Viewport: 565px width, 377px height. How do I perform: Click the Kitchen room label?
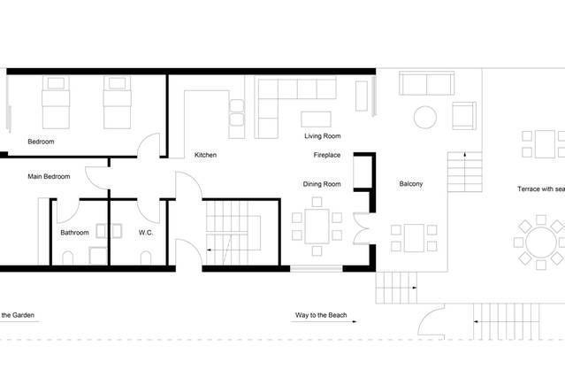point(205,155)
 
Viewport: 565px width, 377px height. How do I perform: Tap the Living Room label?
point(322,136)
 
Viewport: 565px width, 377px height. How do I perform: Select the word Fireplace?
point(327,155)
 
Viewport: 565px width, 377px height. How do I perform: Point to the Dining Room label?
point(322,184)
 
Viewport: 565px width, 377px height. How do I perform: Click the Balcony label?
point(411,183)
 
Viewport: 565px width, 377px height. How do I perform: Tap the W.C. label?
point(146,233)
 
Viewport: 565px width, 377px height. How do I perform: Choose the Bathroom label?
point(74,233)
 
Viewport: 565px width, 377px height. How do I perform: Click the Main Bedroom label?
point(49,176)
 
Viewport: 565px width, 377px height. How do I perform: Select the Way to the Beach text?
point(321,315)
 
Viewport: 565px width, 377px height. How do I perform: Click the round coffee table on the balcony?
point(425,117)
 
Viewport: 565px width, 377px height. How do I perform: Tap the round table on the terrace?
point(541,242)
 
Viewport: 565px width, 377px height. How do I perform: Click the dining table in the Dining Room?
point(317,227)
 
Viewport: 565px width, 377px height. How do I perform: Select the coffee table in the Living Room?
point(316,119)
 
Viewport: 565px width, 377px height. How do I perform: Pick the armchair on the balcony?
point(464,115)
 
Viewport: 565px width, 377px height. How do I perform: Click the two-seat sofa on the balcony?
point(427,83)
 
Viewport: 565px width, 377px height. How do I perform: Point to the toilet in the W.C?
point(146,258)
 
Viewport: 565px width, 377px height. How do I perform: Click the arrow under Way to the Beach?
point(324,321)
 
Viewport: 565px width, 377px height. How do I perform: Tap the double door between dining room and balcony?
point(362,228)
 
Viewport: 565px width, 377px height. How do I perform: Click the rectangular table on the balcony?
point(414,238)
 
